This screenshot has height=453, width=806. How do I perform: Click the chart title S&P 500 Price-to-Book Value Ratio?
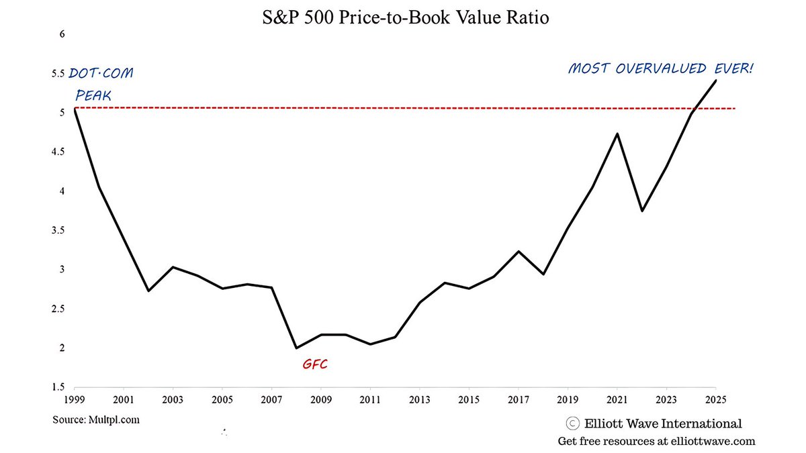[x=405, y=18]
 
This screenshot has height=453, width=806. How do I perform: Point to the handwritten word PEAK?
[x=93, y=95]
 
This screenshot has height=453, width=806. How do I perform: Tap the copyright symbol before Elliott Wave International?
[x=572, y=423]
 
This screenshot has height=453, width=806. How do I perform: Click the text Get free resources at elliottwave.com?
[x=656, y=442]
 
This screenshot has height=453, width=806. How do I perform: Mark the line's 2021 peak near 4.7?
[x=617, y=134]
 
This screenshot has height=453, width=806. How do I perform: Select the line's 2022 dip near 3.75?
[x=641, y=211]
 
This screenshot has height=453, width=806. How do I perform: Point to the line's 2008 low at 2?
[x=296, y=348]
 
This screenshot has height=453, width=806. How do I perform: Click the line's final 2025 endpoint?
[x=715, y=81]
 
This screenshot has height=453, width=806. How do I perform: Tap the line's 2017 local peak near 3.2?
[x=518, y=252]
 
